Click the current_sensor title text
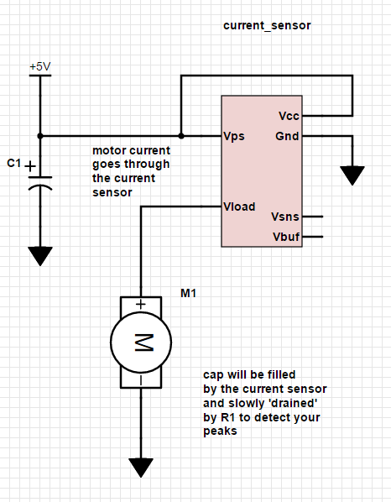coord(267,26)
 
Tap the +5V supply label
coord(39,66)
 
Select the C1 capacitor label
coord(13,163)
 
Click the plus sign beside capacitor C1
coord(31,166)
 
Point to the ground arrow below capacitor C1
coord(39,255)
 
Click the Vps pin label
coord(234,136)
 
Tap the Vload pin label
coord(239,207)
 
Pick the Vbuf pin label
coord(285,238)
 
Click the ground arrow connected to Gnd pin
coord(353,175)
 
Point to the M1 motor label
coord(189,293)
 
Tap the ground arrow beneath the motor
coord(141,468)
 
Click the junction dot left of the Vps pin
coord(180,135)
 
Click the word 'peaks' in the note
coord(220,431)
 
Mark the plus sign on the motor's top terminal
coord(141,305)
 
